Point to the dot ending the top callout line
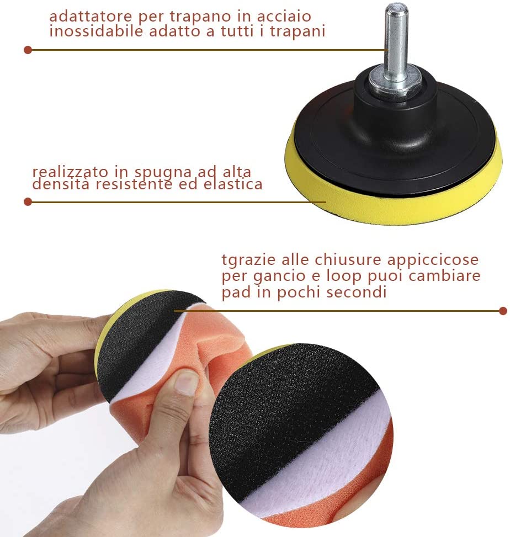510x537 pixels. [28, 50]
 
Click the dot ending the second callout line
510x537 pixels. [28, 202]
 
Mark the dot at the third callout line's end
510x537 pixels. [503, 311]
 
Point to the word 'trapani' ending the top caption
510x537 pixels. [297, 31]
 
